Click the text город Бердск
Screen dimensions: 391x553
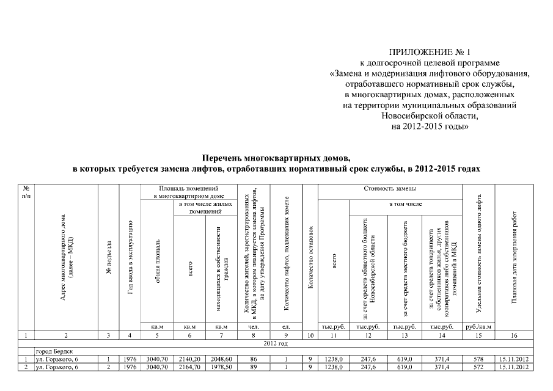[x=56, y=351]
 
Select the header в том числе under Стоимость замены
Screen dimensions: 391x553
[x=406, y=204]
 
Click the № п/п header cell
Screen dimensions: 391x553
[x=25, y=191]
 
